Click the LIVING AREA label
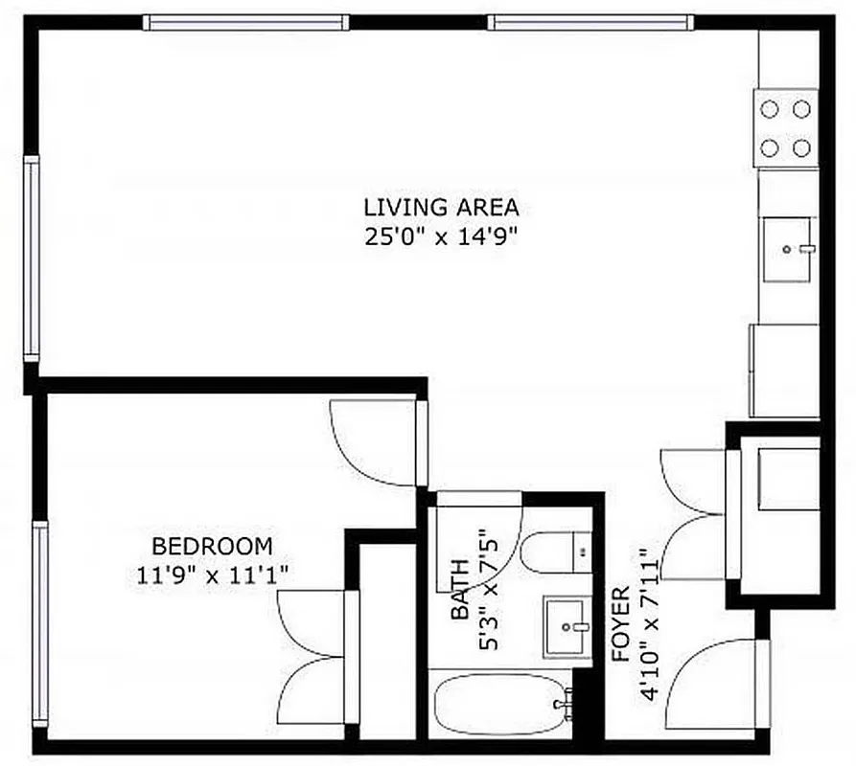(441, 206)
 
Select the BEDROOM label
(213, 547)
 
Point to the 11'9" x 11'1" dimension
(213, 575)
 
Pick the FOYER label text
(620, 624)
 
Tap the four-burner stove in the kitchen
(786, 128)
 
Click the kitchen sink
(788, 249)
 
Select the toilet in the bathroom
(556, 552)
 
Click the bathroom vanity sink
(568, 627)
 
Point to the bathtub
(498, 705)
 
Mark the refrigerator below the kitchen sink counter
(784, 370)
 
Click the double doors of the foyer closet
(692, 514)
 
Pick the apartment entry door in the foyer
(714, 685)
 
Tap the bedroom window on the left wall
(39, 621)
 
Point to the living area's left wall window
(32, 259)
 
